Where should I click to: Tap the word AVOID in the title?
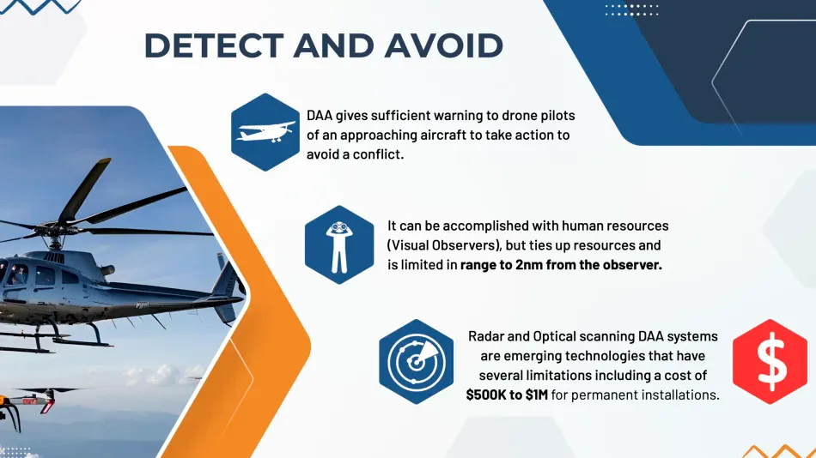(443, 45)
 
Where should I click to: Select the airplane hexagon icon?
(265, 132)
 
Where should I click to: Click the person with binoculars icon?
(339, 244)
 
